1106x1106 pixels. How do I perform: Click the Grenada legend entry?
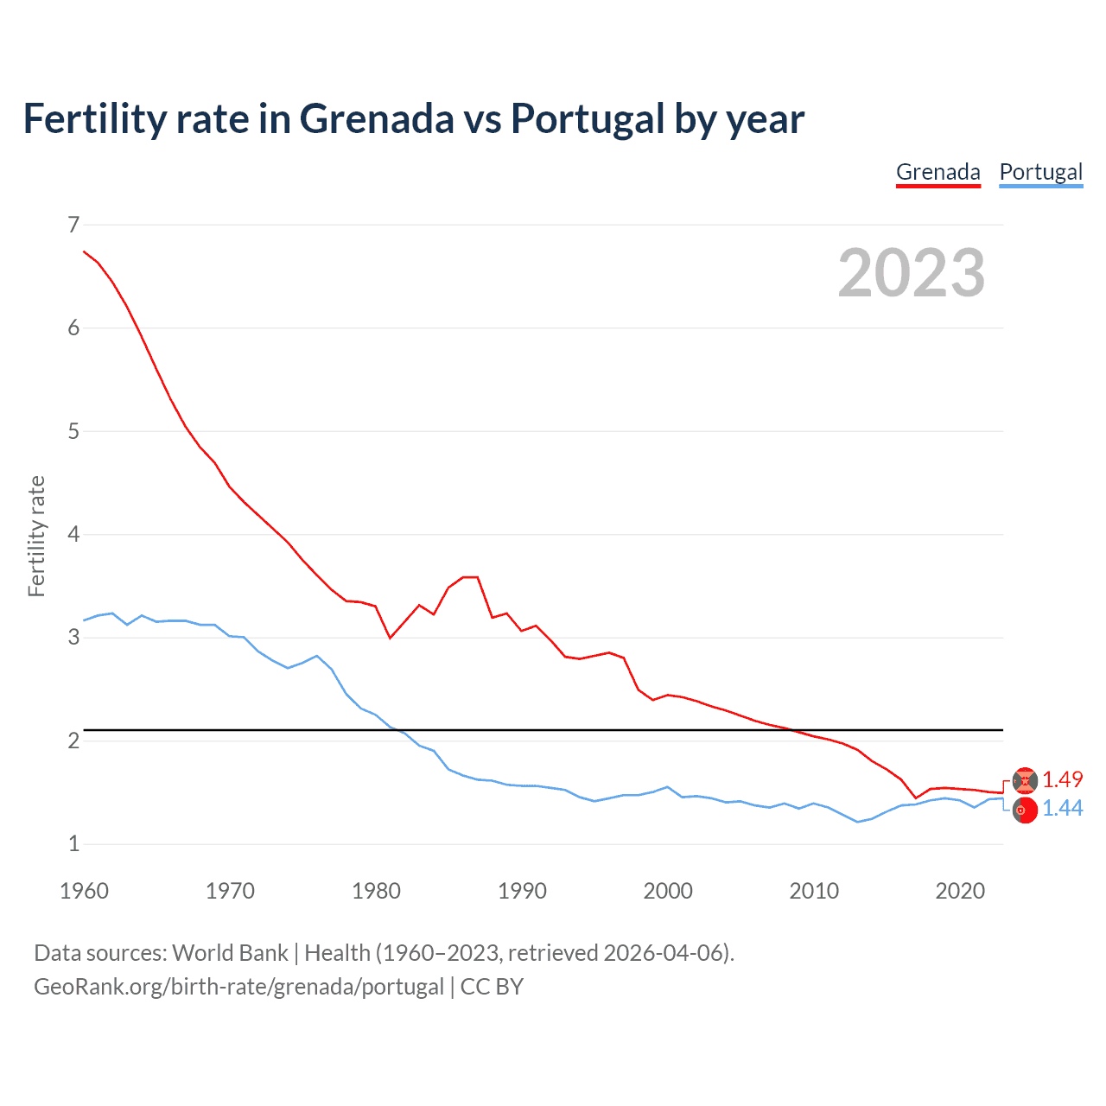pos(938,172)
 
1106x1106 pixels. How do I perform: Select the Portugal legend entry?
pos(1040,172)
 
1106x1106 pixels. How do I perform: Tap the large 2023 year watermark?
pos(911,273)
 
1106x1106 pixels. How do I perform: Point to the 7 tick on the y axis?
pos(73,225)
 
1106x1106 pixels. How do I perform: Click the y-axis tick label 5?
pos(73,431)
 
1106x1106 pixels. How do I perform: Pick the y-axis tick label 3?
pos(73,638)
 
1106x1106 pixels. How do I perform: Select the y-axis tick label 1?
pos(73,844)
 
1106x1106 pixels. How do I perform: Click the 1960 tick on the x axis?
pos(84,891)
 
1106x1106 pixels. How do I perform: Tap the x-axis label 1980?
pos(376,891)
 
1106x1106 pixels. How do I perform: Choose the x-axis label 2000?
pos(668,891)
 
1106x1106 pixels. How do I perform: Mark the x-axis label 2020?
pos(960,891)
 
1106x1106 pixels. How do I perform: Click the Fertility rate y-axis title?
pos(36,536)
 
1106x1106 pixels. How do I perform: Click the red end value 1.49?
pos(1062,779)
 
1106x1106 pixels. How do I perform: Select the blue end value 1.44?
pos(1062,809)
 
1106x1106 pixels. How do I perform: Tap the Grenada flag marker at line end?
pos(1025,780)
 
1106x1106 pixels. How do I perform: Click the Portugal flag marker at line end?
pos(1025,810)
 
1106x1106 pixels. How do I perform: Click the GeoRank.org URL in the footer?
pos(238,987)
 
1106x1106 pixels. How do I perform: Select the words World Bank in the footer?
pos(230,953)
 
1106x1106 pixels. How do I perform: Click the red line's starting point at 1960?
pos(84,251)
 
